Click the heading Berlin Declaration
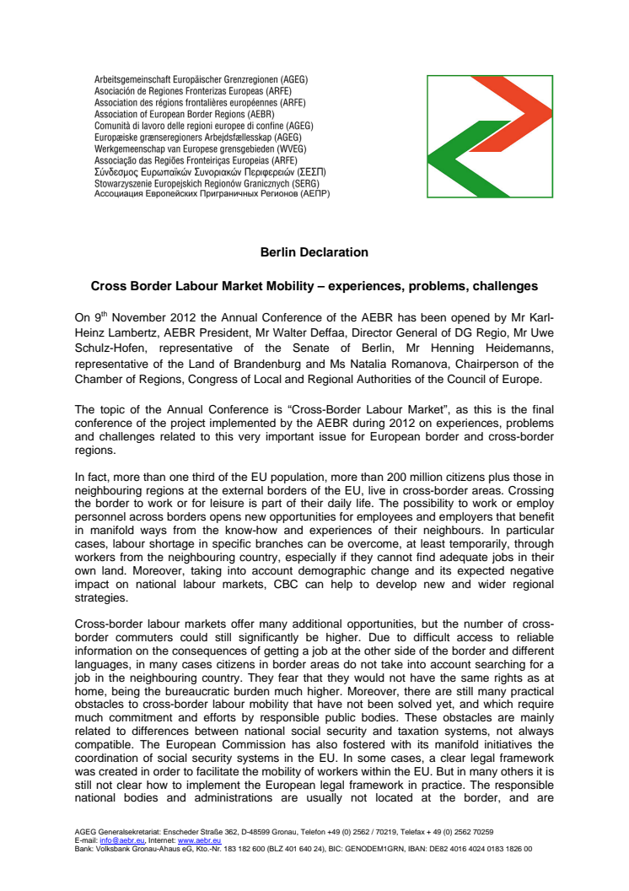(314, 252)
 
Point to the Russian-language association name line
(212, 194)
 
